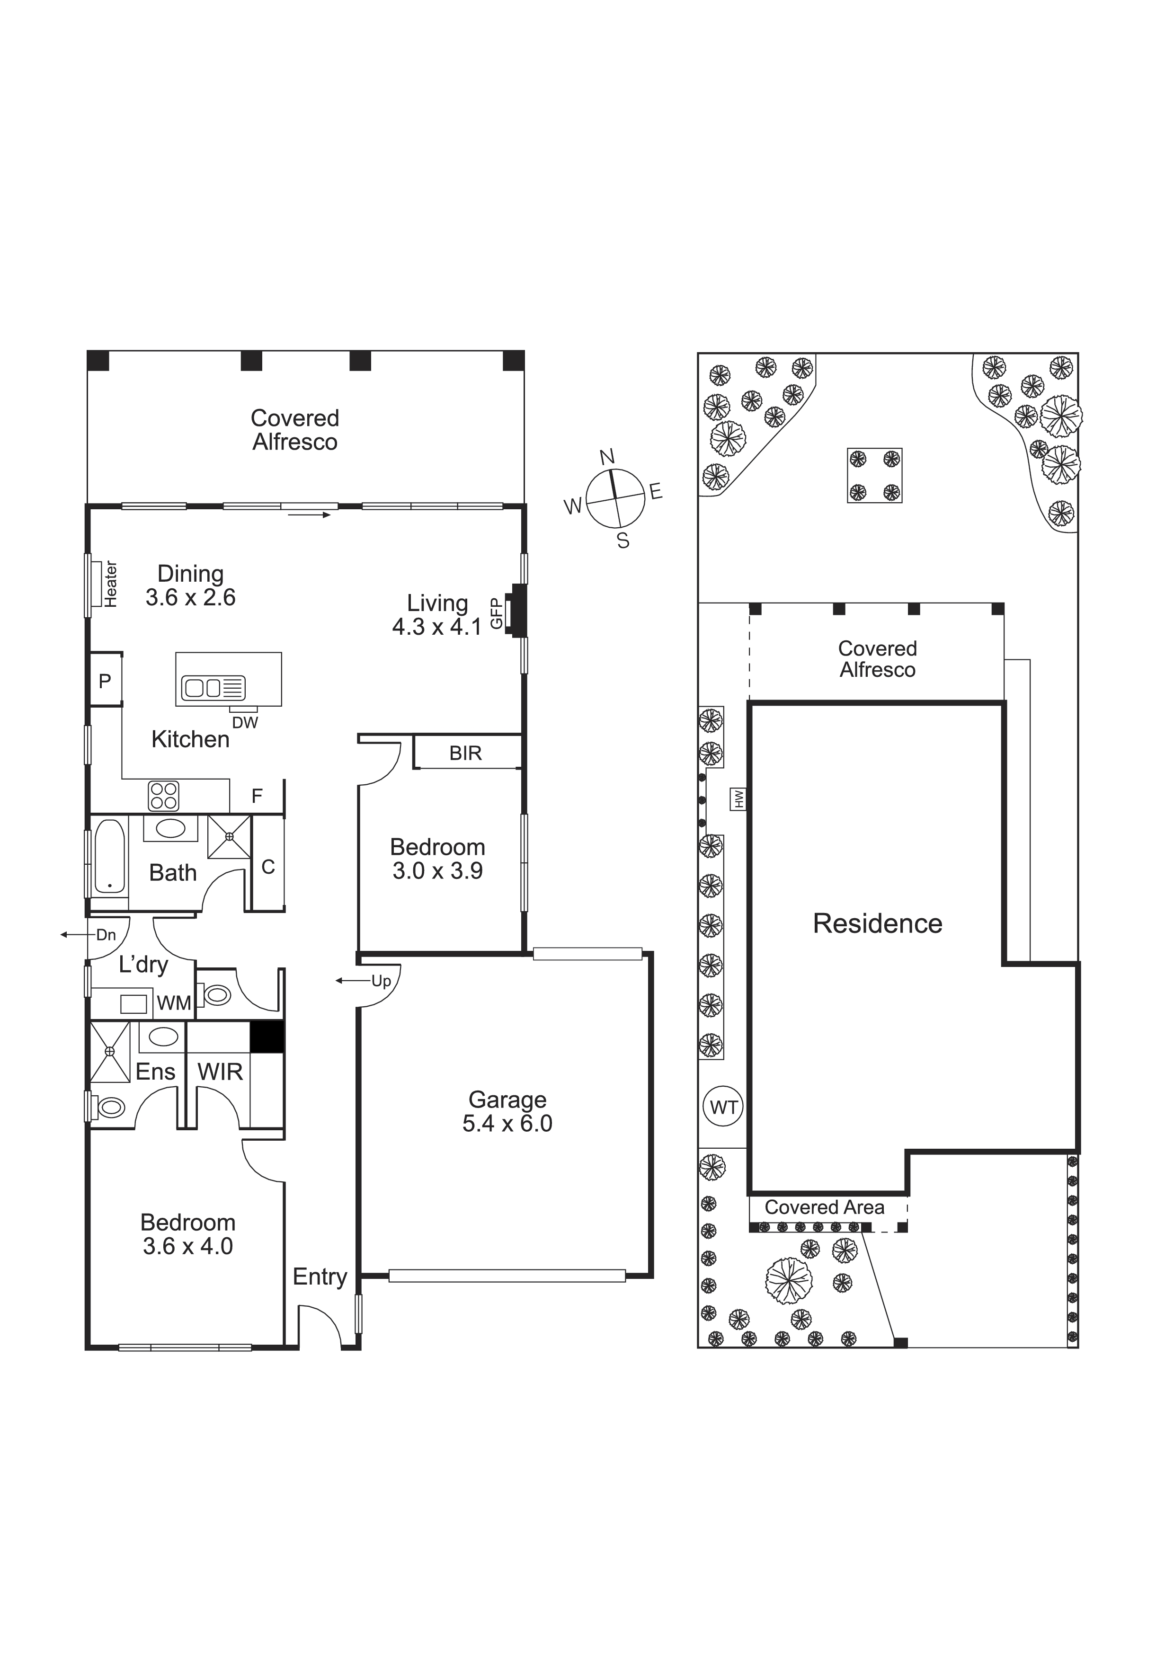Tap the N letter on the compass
(x=607, y=457)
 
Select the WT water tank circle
(x=724, y=1107)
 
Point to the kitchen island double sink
(x=213, y=687)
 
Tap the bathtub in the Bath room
(x=109, y=857)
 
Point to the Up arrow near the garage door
(x=352, y=981)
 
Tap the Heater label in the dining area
(x=111, y=584)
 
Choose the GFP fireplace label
(x=496, y=613)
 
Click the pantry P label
(x=105, y=680)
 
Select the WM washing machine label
(x=174, y=1003)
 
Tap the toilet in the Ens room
(x=109, y=1107)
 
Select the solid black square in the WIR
(x=267, y=1037)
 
